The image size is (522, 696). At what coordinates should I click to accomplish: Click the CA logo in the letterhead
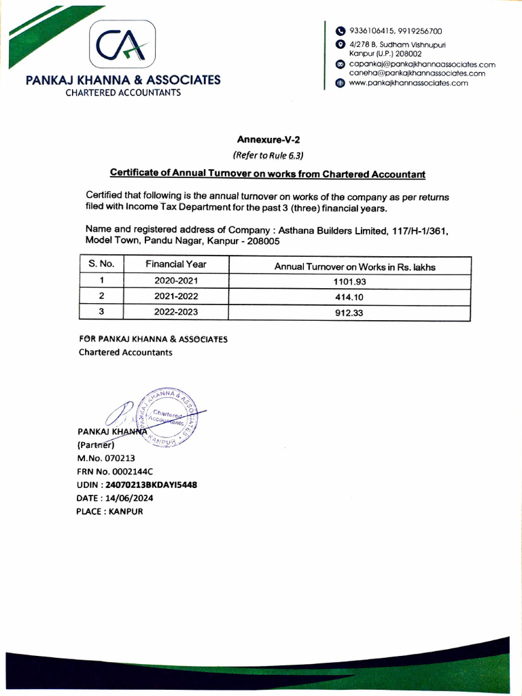(123, 46)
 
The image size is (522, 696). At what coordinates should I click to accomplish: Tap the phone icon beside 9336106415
(341, 31)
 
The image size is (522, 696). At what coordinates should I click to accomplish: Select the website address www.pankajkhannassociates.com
(408, 83)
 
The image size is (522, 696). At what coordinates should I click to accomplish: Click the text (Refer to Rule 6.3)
(268, 155)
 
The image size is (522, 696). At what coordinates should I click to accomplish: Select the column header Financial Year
(175, 264)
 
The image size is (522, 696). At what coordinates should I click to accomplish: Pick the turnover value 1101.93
(354, 282)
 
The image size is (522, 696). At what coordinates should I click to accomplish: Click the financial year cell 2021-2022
(175, 297)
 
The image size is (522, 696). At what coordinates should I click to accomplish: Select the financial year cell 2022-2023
(175, 313)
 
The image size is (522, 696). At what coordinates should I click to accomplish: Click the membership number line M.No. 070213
(111, 458)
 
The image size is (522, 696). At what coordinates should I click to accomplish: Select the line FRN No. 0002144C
(115, 471)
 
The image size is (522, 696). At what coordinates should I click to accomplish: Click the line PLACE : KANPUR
(110, 511)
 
